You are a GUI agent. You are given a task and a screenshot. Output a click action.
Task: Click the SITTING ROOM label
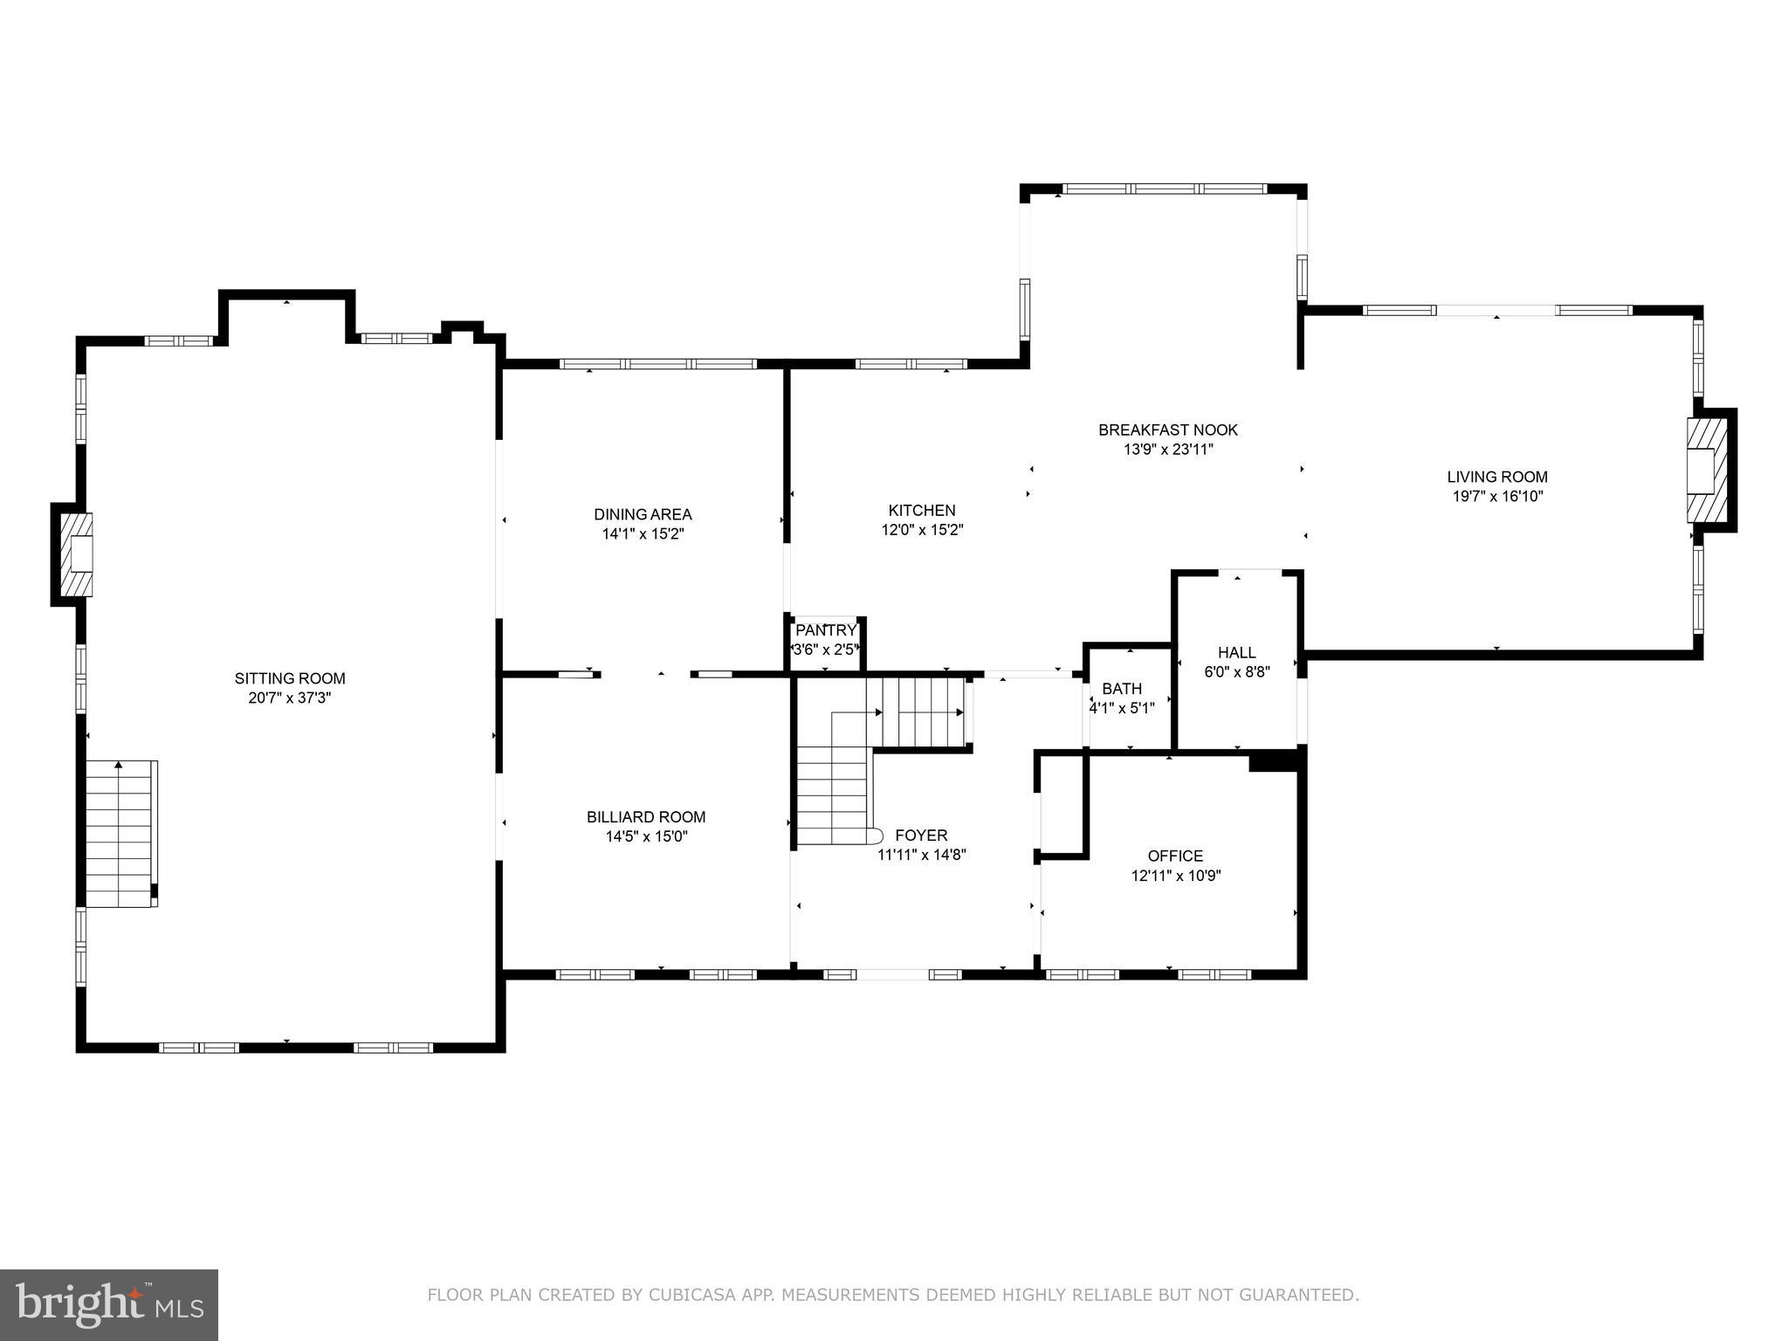(x=290, y=678)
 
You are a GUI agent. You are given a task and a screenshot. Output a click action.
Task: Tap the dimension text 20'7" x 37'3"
(x=290, y=698)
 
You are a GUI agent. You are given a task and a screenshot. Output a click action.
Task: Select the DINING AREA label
(x=643, y=514)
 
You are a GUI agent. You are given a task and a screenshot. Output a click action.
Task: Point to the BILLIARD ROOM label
(x=646, y=817)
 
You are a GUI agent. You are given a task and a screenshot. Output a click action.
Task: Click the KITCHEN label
(x=922, y=510)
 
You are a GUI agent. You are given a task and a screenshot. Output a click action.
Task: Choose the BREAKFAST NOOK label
(x=1167, y=430)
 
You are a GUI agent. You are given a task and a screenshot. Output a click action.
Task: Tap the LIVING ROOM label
(x=1497, y=477)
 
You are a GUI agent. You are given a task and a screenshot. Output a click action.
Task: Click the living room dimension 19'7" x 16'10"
(x=1497, y=497)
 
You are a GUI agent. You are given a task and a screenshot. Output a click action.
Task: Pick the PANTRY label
(x=826, y=630)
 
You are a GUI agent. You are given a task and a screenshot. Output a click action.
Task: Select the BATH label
(x=1122, y=689)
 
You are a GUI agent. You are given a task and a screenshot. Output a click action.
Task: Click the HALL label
(x=1237, y=652)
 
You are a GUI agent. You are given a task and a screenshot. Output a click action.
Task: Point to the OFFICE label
(x=1175, y=856)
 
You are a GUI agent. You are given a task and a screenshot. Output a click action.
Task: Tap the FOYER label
(x=921, y=836)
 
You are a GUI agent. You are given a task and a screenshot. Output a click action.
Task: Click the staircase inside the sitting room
(x=120, y=834)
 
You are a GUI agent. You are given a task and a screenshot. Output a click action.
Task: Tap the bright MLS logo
(x=109, y=1304)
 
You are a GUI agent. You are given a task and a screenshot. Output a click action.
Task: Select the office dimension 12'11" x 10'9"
(x=1175, y=876)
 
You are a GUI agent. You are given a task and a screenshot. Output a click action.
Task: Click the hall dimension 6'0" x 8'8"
(x=1237, y=672)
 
